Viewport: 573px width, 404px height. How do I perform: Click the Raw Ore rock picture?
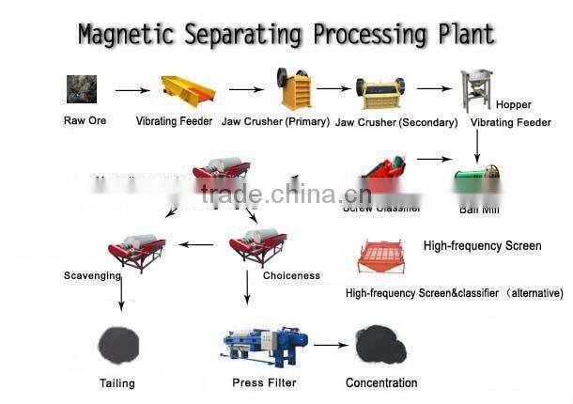coord(81,90)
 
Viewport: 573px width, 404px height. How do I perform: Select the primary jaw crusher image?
coord(293,89)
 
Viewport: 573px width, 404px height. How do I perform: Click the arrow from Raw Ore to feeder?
coord(132,91)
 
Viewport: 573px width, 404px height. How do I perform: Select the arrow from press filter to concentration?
coord(331,346)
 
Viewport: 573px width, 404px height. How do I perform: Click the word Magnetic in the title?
coord(123,36)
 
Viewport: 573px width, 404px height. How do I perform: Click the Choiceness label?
coord(291,276)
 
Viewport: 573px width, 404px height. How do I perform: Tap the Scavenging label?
coord(92,276)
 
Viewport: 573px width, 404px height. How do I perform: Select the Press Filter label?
coord(264,382)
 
